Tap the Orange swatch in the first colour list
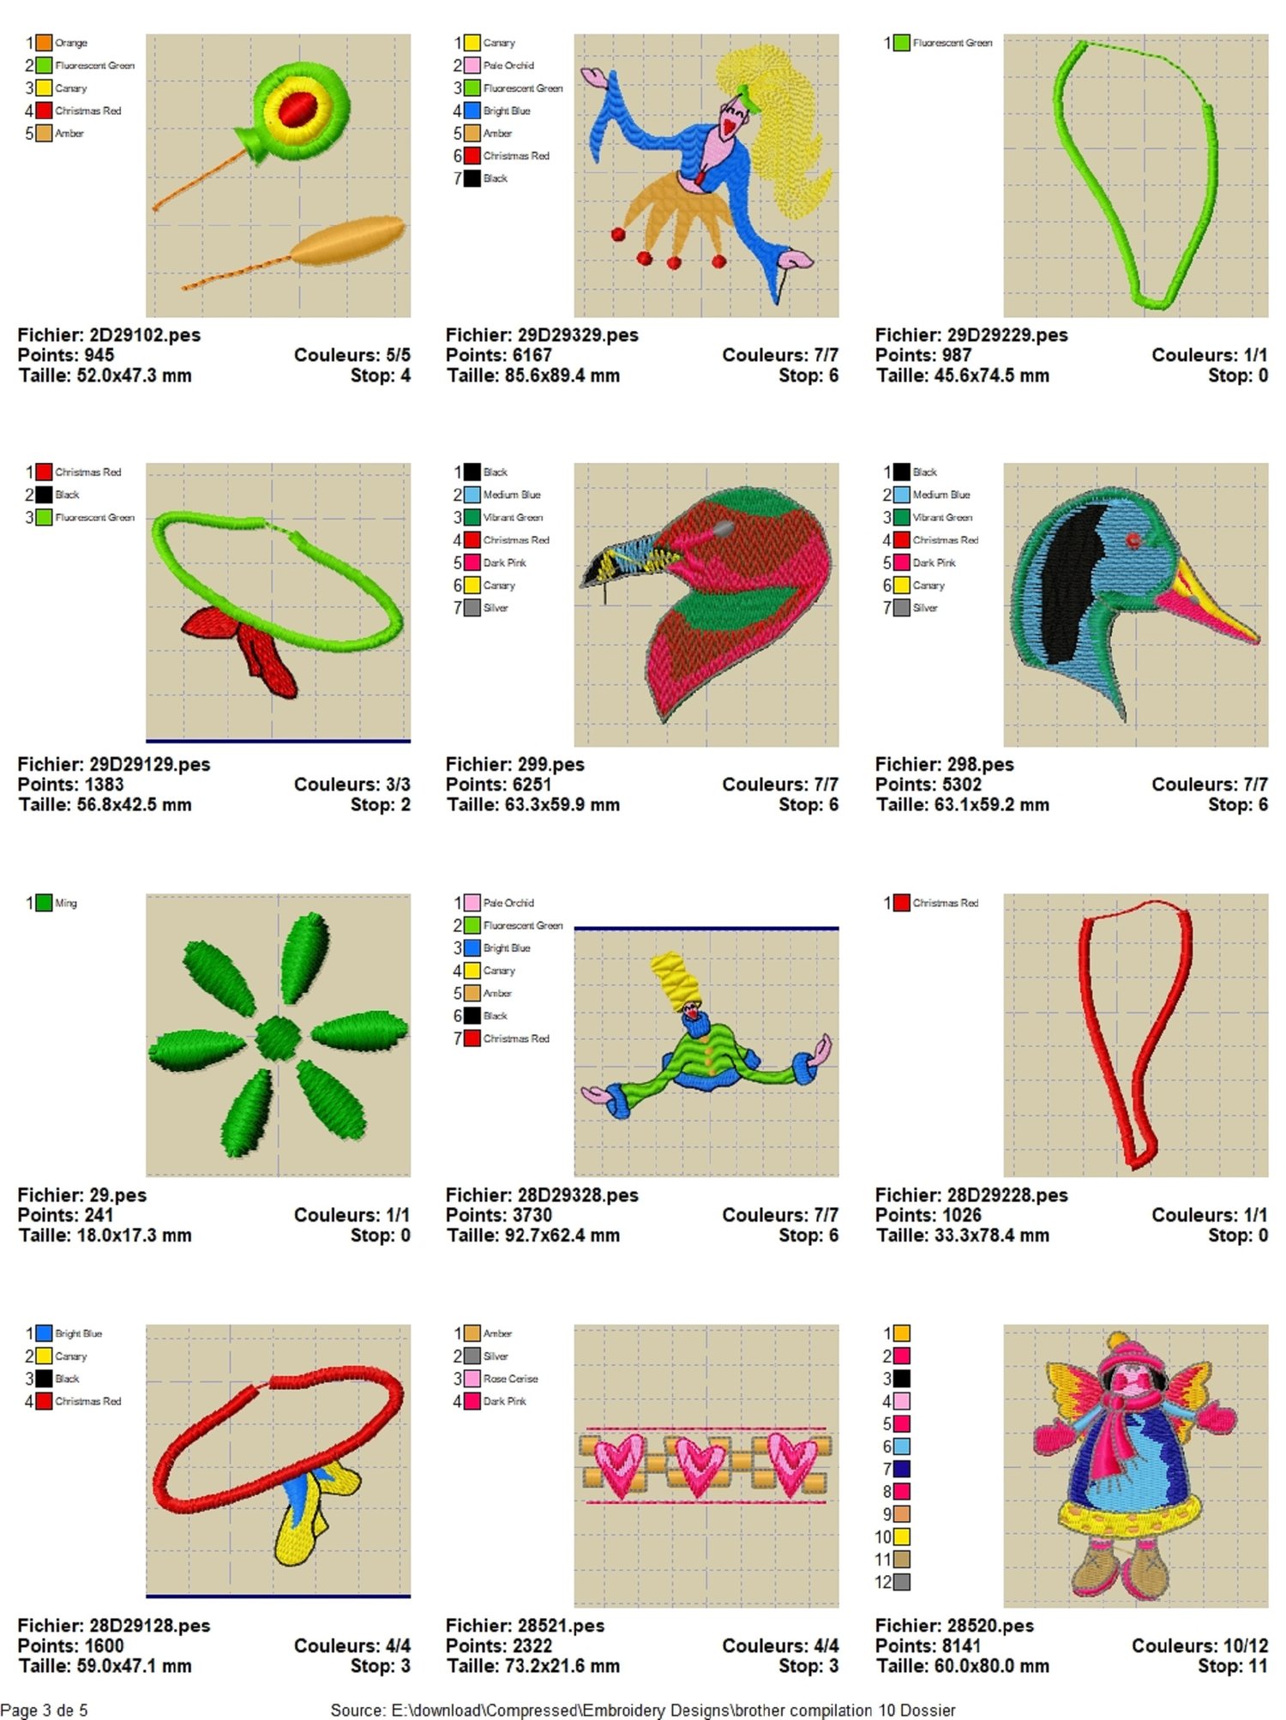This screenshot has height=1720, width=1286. coord(44,42)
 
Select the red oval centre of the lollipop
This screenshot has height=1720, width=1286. coord(297,109)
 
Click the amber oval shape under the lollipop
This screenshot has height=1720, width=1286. coord(347,240)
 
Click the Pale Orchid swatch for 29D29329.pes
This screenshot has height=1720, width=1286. coord(472,65)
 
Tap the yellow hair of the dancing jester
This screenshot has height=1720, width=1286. coord(776,120)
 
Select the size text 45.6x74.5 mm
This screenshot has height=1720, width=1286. coord(996,376)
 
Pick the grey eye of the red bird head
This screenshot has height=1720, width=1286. coord(724,529)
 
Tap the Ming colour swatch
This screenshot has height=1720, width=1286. coord(44,903)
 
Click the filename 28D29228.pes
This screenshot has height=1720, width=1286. coord(1007,1195)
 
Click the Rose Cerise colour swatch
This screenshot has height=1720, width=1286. coord(472,1379)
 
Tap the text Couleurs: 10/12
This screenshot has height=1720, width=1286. coord(1199,1645)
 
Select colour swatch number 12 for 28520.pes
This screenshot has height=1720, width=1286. coord(902,1582)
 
